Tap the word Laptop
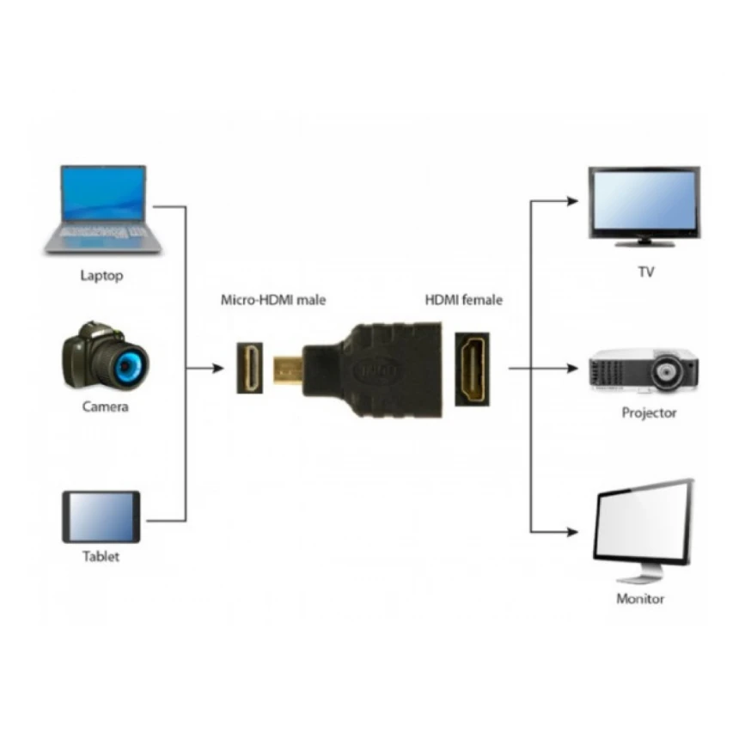(101, 276)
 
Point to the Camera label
(105, 406)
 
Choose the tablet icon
(101, 516)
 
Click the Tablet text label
(101, 557)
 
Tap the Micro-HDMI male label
(273, 300)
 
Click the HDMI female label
(464, 300)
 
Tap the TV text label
(645, 272)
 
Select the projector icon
(644, 370)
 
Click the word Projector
(649, 413)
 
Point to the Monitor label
(640, 599)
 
